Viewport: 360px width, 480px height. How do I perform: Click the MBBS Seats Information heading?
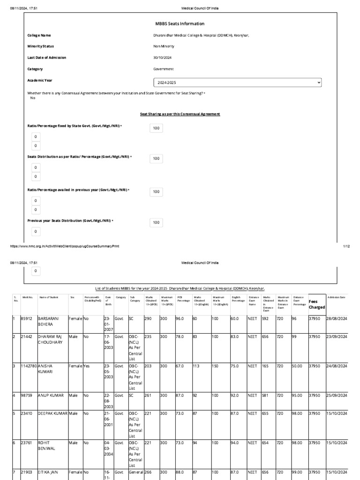(180, 23)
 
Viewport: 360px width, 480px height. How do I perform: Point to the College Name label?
(39, 35)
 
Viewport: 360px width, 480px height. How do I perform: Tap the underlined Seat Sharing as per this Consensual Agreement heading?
(180, 114)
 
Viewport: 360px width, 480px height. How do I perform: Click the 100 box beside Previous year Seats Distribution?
(156, 223)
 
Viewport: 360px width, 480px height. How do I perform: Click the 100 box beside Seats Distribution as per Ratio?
(156, 159)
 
